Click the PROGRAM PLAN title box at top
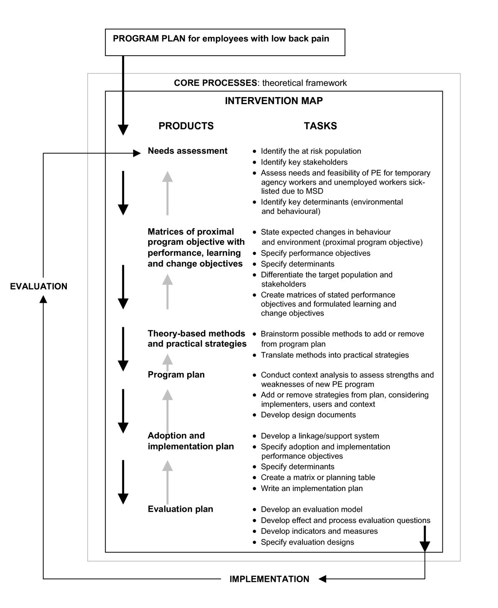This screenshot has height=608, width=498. tap(225, 42)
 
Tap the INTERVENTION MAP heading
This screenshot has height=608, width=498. tap(273, 101)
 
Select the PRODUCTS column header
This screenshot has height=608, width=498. tap(186, 126)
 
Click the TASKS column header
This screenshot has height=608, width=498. tap(320, 126)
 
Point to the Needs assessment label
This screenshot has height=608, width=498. tap(188, 151)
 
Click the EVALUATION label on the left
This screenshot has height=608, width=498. tap(39, 286)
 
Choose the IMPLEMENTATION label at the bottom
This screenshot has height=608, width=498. tap(269, 579)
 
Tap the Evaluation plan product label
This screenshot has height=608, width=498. tap(181, 509)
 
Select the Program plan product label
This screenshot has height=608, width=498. tap(176, 375)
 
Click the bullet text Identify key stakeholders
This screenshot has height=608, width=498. tap(304, 162)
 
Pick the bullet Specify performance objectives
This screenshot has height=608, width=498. tap(315, 253)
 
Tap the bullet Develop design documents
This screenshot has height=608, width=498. tap(308, 415)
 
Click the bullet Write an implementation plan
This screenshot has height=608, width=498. tap(312, 489)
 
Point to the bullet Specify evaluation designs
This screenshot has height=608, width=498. tap(308, 542)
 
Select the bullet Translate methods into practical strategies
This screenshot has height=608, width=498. tap(335, 355)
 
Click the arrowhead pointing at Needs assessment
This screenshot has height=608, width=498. tap(137, 153)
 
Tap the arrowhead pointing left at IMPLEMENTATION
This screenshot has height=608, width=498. tap(322, 579)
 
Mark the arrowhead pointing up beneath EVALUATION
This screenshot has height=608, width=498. tap(43, 299)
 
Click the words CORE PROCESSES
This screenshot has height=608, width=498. tap(215, 83)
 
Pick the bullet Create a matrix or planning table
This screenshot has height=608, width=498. tap(318, 478)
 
